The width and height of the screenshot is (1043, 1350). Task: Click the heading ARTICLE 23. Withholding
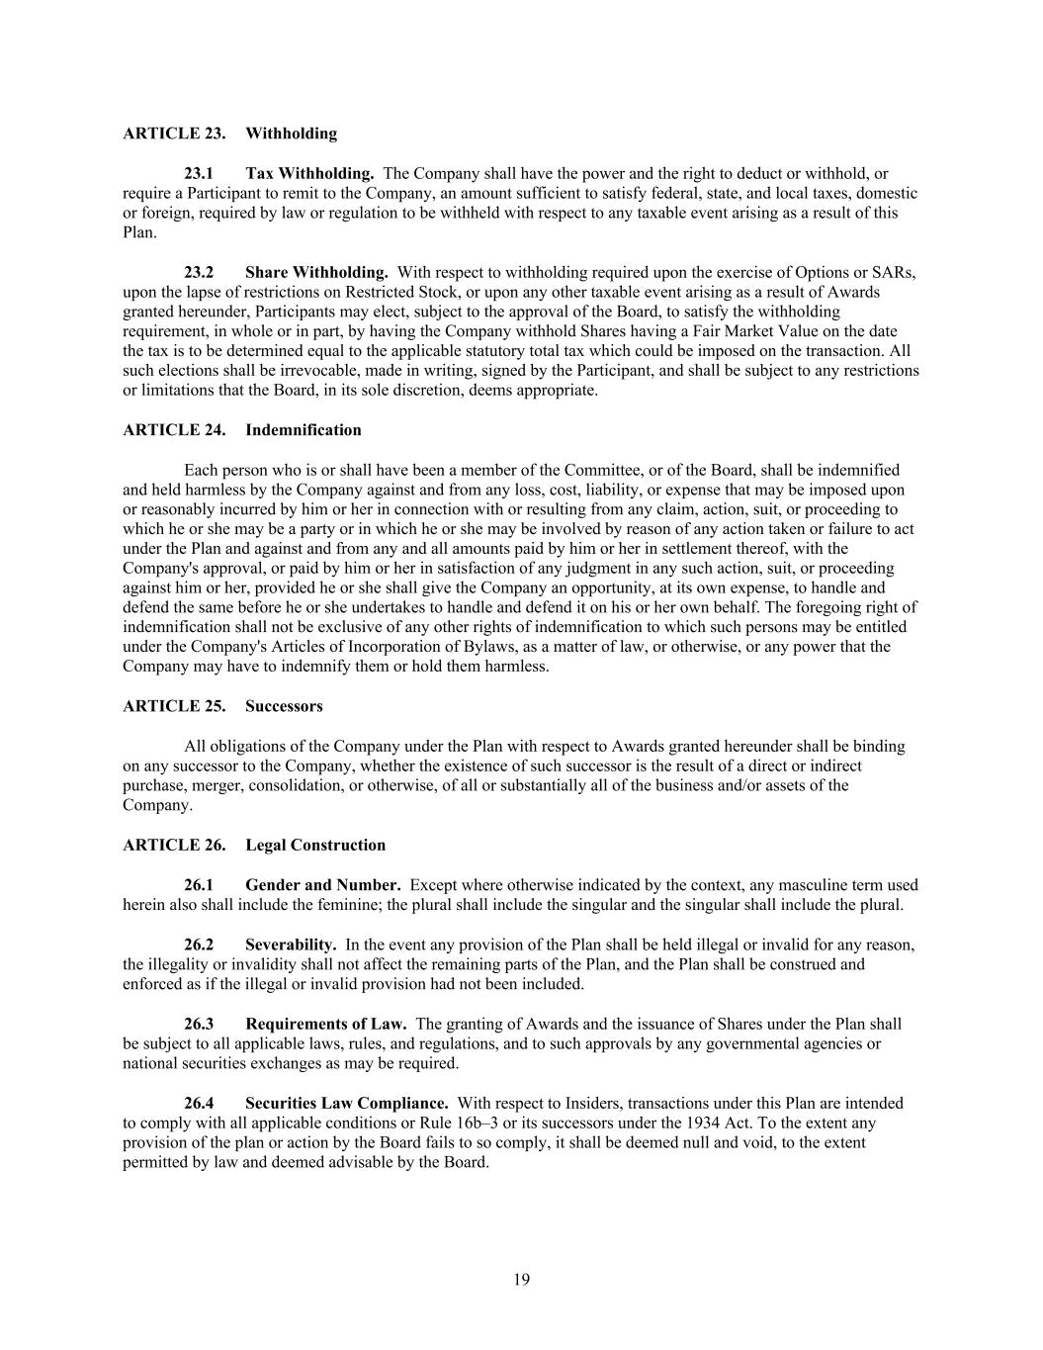point(229,134)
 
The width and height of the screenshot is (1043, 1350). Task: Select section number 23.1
point(199,173)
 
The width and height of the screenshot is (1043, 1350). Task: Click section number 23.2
point(199,272)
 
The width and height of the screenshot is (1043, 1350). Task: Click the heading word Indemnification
point(303,430)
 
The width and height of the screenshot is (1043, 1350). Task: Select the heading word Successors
point(284,706)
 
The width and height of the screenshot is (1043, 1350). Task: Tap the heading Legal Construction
point(315,845)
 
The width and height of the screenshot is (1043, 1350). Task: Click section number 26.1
point(199,885)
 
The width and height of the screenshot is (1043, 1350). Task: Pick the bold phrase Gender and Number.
point(322,885)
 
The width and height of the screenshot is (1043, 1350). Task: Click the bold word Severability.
point(291,945)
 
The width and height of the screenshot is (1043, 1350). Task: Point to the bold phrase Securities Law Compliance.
point(346,1103)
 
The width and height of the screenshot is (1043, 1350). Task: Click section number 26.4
point(199,1103)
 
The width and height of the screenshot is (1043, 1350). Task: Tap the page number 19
point(521,1280)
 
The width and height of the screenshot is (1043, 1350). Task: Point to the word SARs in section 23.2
point(896,272)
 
